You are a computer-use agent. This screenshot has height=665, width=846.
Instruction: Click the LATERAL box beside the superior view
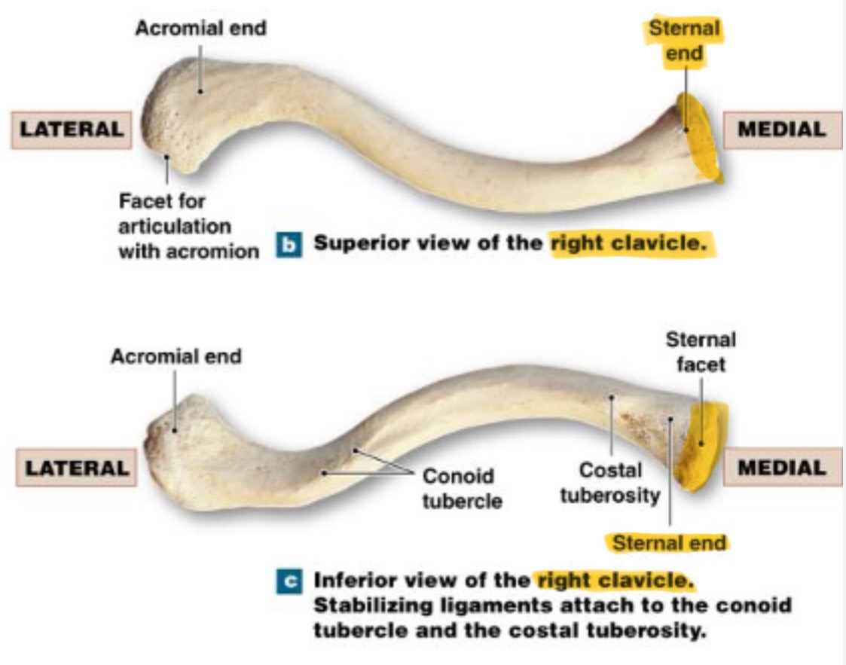[x=72, y=130]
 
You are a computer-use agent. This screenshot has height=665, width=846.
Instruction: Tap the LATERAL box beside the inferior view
[x=76, y=468]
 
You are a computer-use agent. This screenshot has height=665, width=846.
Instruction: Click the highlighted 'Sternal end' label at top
[x=684, y=41]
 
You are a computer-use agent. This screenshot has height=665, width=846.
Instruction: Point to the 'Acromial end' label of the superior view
[x=200, y=29]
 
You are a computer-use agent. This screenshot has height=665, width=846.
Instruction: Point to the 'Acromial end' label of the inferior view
[x=176, y=355]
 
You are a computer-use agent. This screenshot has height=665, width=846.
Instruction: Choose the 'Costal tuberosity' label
[x=609, y=483]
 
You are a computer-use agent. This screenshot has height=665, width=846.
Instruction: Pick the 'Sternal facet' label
[x=701, y=352]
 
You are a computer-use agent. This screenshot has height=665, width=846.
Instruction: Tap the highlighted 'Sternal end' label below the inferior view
[x=669, y=542]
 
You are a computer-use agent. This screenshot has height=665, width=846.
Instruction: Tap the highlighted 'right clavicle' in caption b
[x=632, y=244]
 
